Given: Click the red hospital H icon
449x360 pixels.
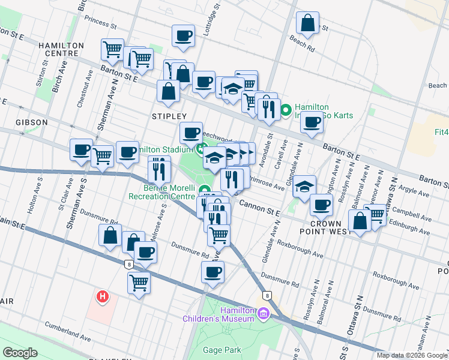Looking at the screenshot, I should point(103,296).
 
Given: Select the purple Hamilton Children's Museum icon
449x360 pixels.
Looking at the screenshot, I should point(263,313).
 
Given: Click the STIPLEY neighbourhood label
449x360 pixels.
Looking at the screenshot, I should point(169,116).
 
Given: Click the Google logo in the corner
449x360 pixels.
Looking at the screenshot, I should point(20,353).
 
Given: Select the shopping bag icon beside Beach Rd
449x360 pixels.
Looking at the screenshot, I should point(307,23).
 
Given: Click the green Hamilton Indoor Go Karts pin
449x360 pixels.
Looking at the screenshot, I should point(286,110).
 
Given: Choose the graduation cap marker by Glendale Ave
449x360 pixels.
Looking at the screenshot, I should point(305,186).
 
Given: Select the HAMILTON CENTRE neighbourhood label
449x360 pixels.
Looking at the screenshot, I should point(61,49).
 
